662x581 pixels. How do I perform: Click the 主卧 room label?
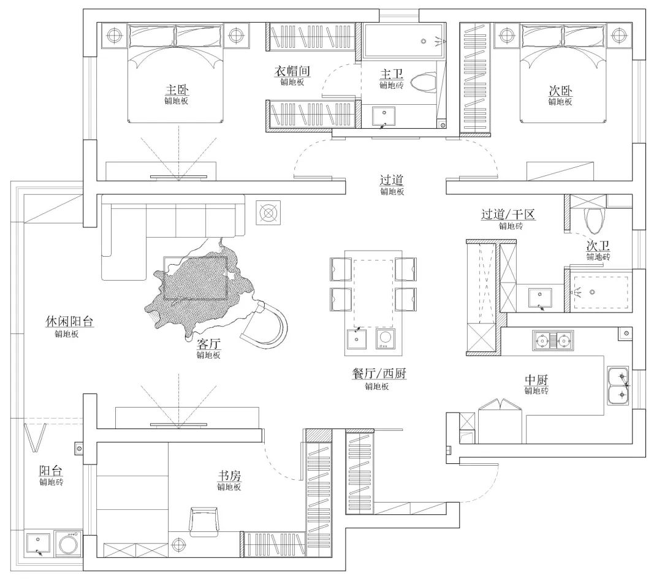177,90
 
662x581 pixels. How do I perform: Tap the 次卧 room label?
560,90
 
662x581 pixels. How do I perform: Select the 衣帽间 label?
292,70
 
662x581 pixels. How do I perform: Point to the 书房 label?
229,476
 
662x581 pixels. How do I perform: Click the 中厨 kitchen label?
536,379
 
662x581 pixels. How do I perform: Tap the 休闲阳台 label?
69,322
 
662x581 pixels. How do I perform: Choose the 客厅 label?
208,344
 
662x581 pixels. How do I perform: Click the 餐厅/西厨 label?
379,373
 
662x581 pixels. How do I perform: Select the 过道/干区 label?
508,214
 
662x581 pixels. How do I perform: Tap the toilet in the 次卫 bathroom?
595,219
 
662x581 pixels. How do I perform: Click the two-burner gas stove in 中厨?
553,340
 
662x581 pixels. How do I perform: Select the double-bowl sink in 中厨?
618,385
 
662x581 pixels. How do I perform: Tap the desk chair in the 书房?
204,521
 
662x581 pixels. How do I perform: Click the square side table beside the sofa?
268,213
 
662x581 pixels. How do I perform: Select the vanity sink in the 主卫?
384,116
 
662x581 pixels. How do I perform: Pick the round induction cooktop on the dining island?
384,338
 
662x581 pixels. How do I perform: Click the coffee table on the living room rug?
196,278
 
